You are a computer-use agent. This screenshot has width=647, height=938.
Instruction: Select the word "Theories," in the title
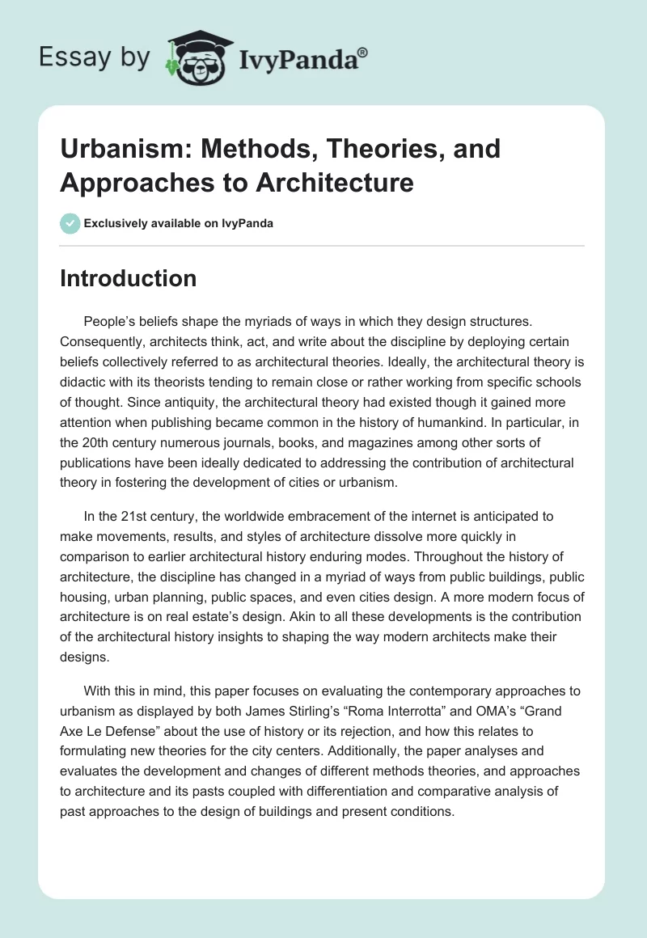coord(362,149)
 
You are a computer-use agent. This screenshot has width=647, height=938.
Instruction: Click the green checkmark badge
coord(70,223)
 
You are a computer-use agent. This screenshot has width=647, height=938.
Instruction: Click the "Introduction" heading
coord(129,278)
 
